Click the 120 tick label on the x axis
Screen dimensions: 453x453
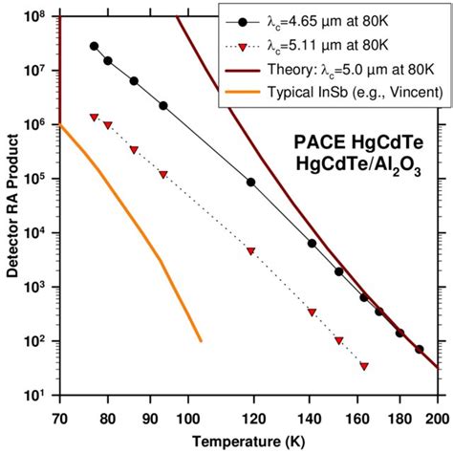[251, 417]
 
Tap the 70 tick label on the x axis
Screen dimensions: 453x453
[59, 417]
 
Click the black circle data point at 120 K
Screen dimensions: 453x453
[250, 182]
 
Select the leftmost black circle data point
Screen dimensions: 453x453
[94, 46]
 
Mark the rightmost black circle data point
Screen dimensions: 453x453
[419, 350]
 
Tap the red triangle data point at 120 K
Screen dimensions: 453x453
[250, 250]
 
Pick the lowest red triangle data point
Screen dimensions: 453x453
[364, 365]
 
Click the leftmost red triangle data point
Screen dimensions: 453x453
[94, 117]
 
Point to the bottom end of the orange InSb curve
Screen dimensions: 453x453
[201, 340]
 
